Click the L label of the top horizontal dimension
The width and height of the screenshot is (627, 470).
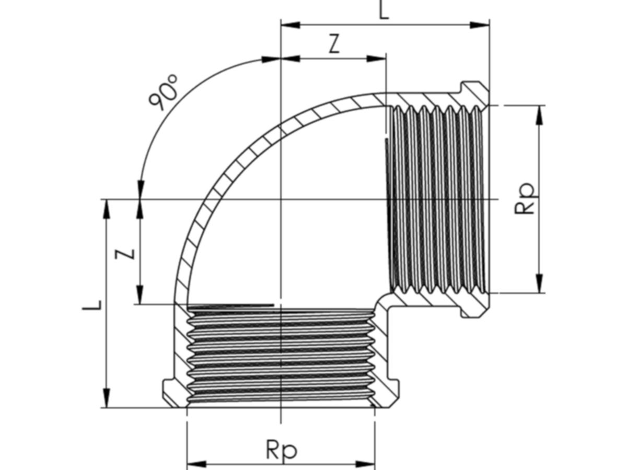pyautogui.click(x=384, y=10)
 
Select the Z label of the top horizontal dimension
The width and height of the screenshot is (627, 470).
pyautogui.click(x=334, y=45)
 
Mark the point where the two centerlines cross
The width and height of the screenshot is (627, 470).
pyautogui.click(x=281, y=199)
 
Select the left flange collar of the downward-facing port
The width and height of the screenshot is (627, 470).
pyautogui.click(x=174, y=392)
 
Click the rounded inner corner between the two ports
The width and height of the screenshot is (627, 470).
pyautogui.click(x=384, y=301)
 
